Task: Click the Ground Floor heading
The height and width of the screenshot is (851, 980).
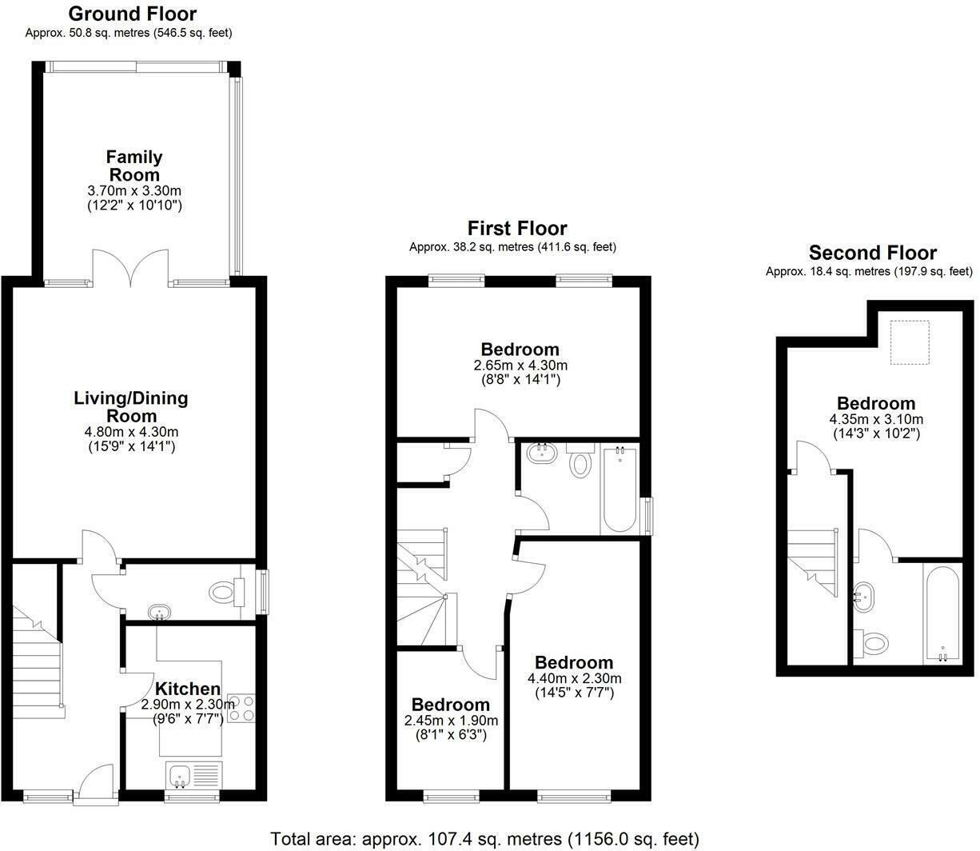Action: pyautogui.click(x=132, y=14)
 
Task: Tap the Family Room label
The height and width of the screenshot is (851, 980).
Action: pyautogui.click(x=134, y=166)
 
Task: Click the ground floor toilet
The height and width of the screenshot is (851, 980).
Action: pyautogui.click(x=225, y=593)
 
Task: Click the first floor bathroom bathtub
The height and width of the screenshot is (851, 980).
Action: pyautogui.click(x=619, y=491)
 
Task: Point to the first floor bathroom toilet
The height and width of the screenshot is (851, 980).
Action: pyautogui.click(x=581, y=461)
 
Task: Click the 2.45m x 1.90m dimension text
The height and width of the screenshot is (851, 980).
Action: pyautogui.click(x=451, y=721)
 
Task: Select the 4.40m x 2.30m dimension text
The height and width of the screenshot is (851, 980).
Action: pyautogui.click(x=574, y=678)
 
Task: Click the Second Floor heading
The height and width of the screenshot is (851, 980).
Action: pyautogui.click(x=872, y=254)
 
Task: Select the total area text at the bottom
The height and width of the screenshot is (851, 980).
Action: pyautogui.click(x=485, y=839)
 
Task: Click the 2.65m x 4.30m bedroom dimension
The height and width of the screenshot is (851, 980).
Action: pyautogui.click(x=520, y=366)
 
